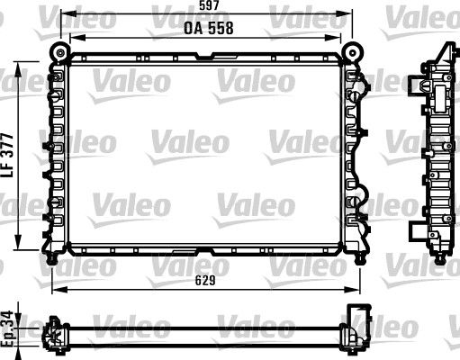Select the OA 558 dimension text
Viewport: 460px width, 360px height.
coord(209,27)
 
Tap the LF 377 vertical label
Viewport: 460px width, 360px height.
coord(9,159)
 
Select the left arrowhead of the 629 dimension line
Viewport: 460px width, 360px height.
coord(54,289)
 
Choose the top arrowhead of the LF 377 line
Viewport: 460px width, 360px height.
coord(22,65)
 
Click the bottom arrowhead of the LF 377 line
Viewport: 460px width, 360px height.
coord(22,253)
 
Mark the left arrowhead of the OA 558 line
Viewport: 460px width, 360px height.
coord(72,37)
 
